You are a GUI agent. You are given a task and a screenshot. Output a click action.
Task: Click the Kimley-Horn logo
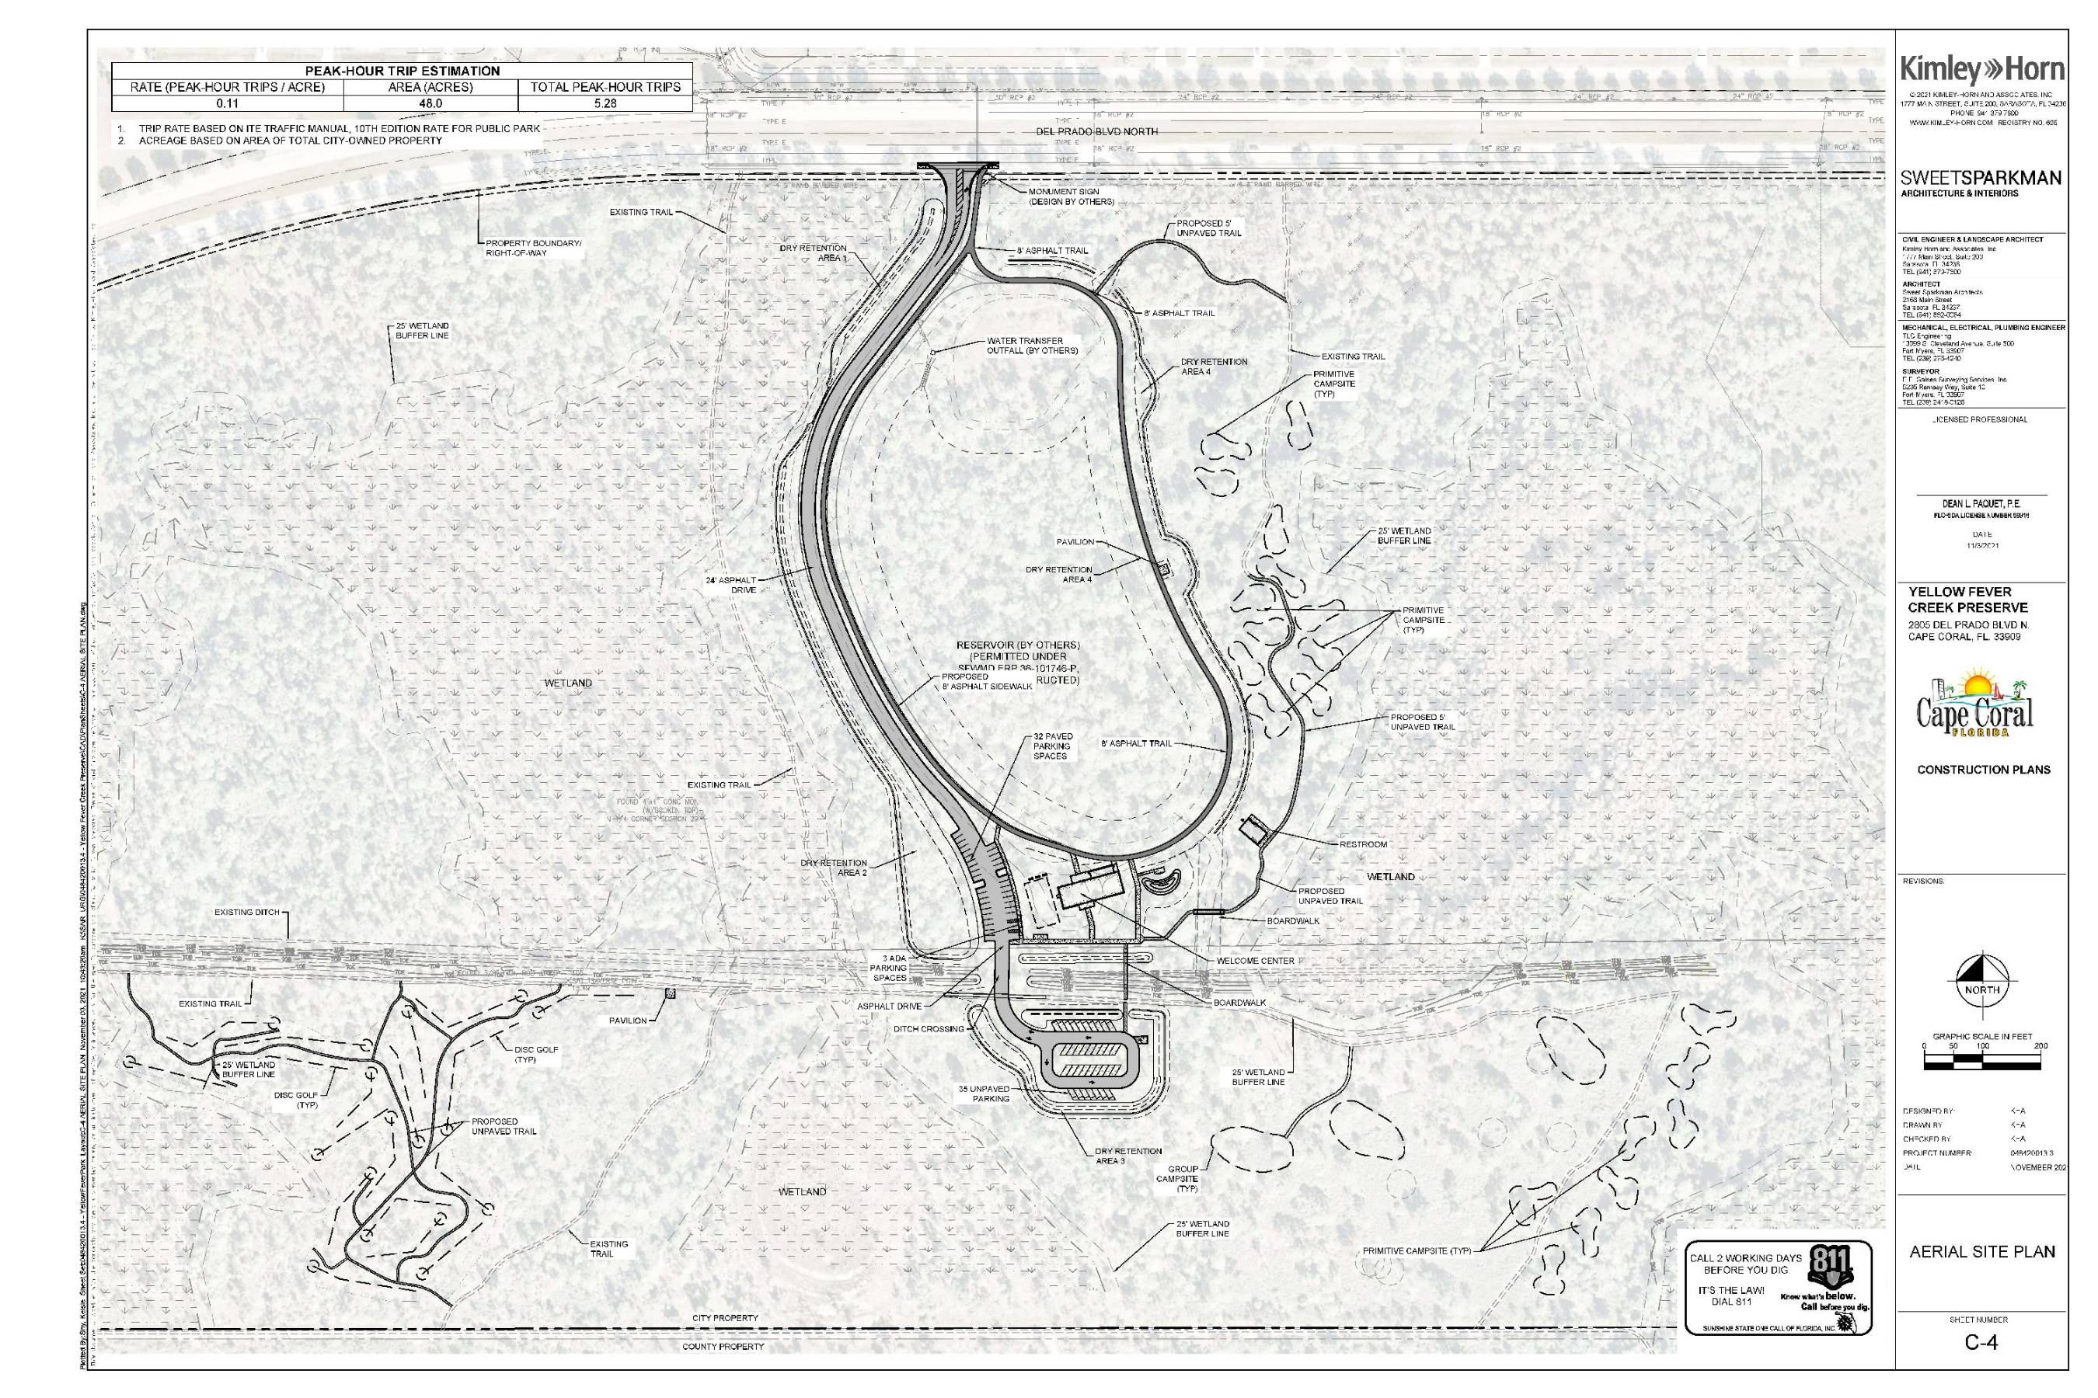tap(1981, 70)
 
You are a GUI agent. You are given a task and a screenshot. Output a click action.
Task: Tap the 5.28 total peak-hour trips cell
tap(605, 103)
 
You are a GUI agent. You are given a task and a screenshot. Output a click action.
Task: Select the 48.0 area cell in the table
tap(430, 103)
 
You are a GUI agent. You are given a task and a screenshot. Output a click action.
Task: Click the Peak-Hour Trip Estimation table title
tap(402, 71)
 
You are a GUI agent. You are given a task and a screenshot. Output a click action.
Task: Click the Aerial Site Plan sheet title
tap(1982, 1252)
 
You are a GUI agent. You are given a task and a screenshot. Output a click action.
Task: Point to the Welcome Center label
tap(1255, 962)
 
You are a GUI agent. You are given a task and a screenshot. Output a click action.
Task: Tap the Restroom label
tap(1362, 844)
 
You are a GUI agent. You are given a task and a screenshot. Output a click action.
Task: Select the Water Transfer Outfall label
tap(1032, 346)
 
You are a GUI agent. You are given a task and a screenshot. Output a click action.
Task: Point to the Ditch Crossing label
tap(929, 1029)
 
